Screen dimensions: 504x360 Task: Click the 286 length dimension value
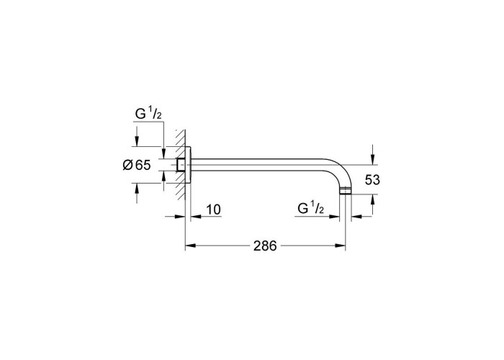click(265, 246)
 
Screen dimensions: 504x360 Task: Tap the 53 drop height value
click(372, 180)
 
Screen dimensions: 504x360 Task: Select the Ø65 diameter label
click(137, 165)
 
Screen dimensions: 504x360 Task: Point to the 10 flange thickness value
click(213, 210)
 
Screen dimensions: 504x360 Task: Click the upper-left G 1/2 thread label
click(148, 114)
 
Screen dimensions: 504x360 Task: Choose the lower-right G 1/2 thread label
click(311, 208)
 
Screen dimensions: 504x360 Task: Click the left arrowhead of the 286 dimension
click(191, 246)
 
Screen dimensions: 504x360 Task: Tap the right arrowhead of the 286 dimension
click(340, 246)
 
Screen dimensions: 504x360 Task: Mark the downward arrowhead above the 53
click(372, 159)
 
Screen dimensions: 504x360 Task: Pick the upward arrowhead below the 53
click(372, 199)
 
